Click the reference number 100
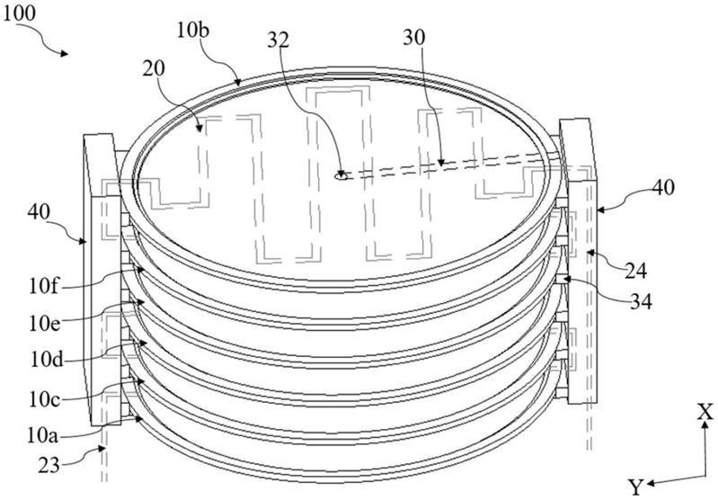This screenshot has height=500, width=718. (x=19, y=13)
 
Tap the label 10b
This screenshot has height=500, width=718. (x=193, y=31)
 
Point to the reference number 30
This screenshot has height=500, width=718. (x=414, y=38)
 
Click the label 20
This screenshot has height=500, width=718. (x=154, y=69)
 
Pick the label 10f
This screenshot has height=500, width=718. (x=43, y=287)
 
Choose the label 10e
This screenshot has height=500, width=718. (x=44, y=324)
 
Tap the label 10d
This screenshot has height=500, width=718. (x=46, y=360)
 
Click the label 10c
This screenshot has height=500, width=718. (x=44, y=399)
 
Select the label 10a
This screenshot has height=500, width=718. (x=42, y=435)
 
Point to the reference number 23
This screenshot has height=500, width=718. (x=49, y=466)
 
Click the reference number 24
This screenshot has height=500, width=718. (x=635, y=272)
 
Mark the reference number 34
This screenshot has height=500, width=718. (x=640, y=302)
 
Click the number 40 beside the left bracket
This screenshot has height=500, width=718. (x=39, y=211)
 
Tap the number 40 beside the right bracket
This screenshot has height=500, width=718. (x=662, y=187)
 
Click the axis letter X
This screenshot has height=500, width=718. (x=705, y=413)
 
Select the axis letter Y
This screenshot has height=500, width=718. (x=635, y=487)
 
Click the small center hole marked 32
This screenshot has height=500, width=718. (x=341, y=175)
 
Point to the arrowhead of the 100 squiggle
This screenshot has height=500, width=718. (x=65, y=54)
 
